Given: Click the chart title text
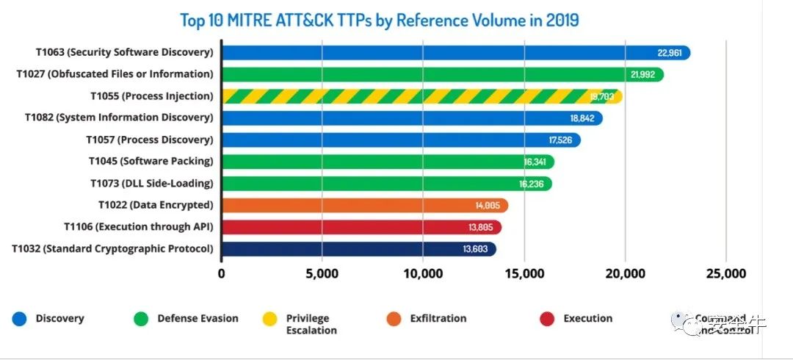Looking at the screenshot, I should [380, 20].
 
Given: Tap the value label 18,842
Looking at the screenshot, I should [583, 118].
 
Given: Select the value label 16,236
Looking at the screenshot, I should [531, 184].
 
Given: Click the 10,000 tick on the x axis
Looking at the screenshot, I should [423, 274].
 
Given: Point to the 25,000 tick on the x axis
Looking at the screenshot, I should [725, 274].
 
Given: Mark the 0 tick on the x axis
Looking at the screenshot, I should [222, 274].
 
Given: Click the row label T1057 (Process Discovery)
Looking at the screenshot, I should [149, 140].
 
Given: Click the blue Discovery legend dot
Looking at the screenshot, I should [19, 319].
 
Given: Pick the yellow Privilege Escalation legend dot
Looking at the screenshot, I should [270, 319].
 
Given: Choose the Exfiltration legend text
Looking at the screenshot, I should [439, 319].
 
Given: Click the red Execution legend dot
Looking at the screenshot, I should [546, 319].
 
